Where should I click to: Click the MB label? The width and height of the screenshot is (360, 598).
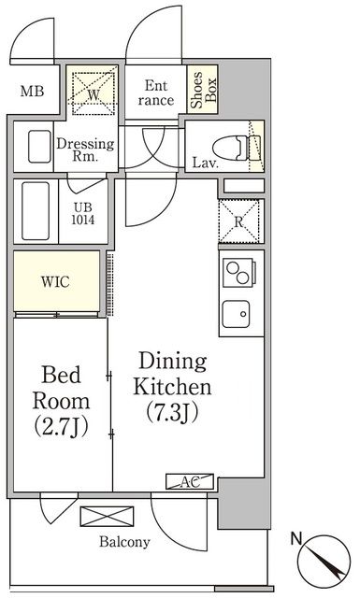click(x=32, y=92)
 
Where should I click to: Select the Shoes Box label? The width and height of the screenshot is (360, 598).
click(x=203, y=90)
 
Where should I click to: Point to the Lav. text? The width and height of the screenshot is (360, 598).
click(x=206, y=164)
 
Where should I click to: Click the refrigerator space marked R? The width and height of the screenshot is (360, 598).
click(x=239, y=221)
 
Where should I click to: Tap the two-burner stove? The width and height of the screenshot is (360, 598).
click(x=238, y=272)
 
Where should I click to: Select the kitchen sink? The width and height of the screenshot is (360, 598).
click(x=237, y=314)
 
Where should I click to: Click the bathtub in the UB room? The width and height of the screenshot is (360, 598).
click(x=36, y=210)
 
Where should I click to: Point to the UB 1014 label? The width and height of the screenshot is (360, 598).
click(x=83, y=214)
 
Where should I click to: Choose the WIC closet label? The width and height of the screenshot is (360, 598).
click(x=56, y=282)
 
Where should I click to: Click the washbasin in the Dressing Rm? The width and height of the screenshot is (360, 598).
click(x=39, y=147)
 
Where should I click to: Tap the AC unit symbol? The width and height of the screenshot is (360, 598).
click(x=190, y=481)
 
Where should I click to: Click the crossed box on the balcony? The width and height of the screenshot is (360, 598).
click(x=108, y=517)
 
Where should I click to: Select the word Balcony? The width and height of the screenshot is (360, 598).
click(x=124, y=542)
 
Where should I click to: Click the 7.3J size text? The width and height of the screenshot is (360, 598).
click(x=172, y=413)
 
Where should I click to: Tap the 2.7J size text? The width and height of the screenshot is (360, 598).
click(x=61, y=427)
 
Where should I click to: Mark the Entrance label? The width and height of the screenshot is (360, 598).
click(x=156, y=93)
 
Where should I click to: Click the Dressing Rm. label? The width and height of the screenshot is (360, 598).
click(x=85, y=149)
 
